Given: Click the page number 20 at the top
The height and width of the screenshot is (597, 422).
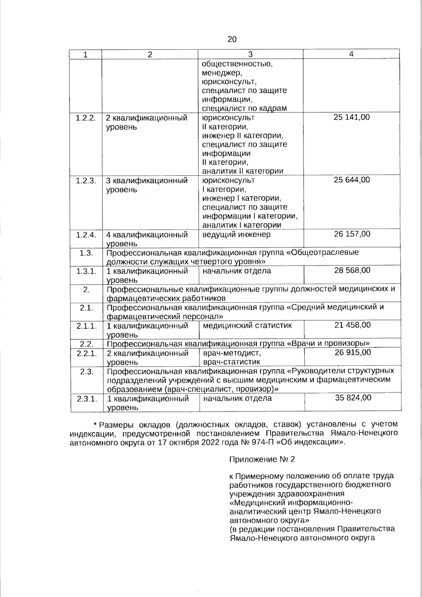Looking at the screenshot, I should coord(232,39).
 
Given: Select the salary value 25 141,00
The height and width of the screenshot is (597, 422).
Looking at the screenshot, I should coord(351,117).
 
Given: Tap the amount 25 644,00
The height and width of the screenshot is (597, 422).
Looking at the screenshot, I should coord(351,180).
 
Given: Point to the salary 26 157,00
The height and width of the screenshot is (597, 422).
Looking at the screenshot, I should coord(352,234).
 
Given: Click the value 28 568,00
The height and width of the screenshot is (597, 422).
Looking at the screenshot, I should coord(352,270).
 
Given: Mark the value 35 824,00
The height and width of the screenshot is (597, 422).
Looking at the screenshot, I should coord(353,398).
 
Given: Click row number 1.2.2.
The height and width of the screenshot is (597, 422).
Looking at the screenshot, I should coord(86,118).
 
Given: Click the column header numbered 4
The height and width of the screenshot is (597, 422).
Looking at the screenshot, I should coord(351,54).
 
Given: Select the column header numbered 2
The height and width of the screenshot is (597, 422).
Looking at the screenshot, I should coord(150,55).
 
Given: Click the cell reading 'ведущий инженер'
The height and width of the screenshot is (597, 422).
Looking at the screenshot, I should coord(236,234).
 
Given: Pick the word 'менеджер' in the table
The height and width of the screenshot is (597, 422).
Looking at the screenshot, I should coord(222,73).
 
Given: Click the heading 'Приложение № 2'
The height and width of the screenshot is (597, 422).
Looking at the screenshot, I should coord(262,459).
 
